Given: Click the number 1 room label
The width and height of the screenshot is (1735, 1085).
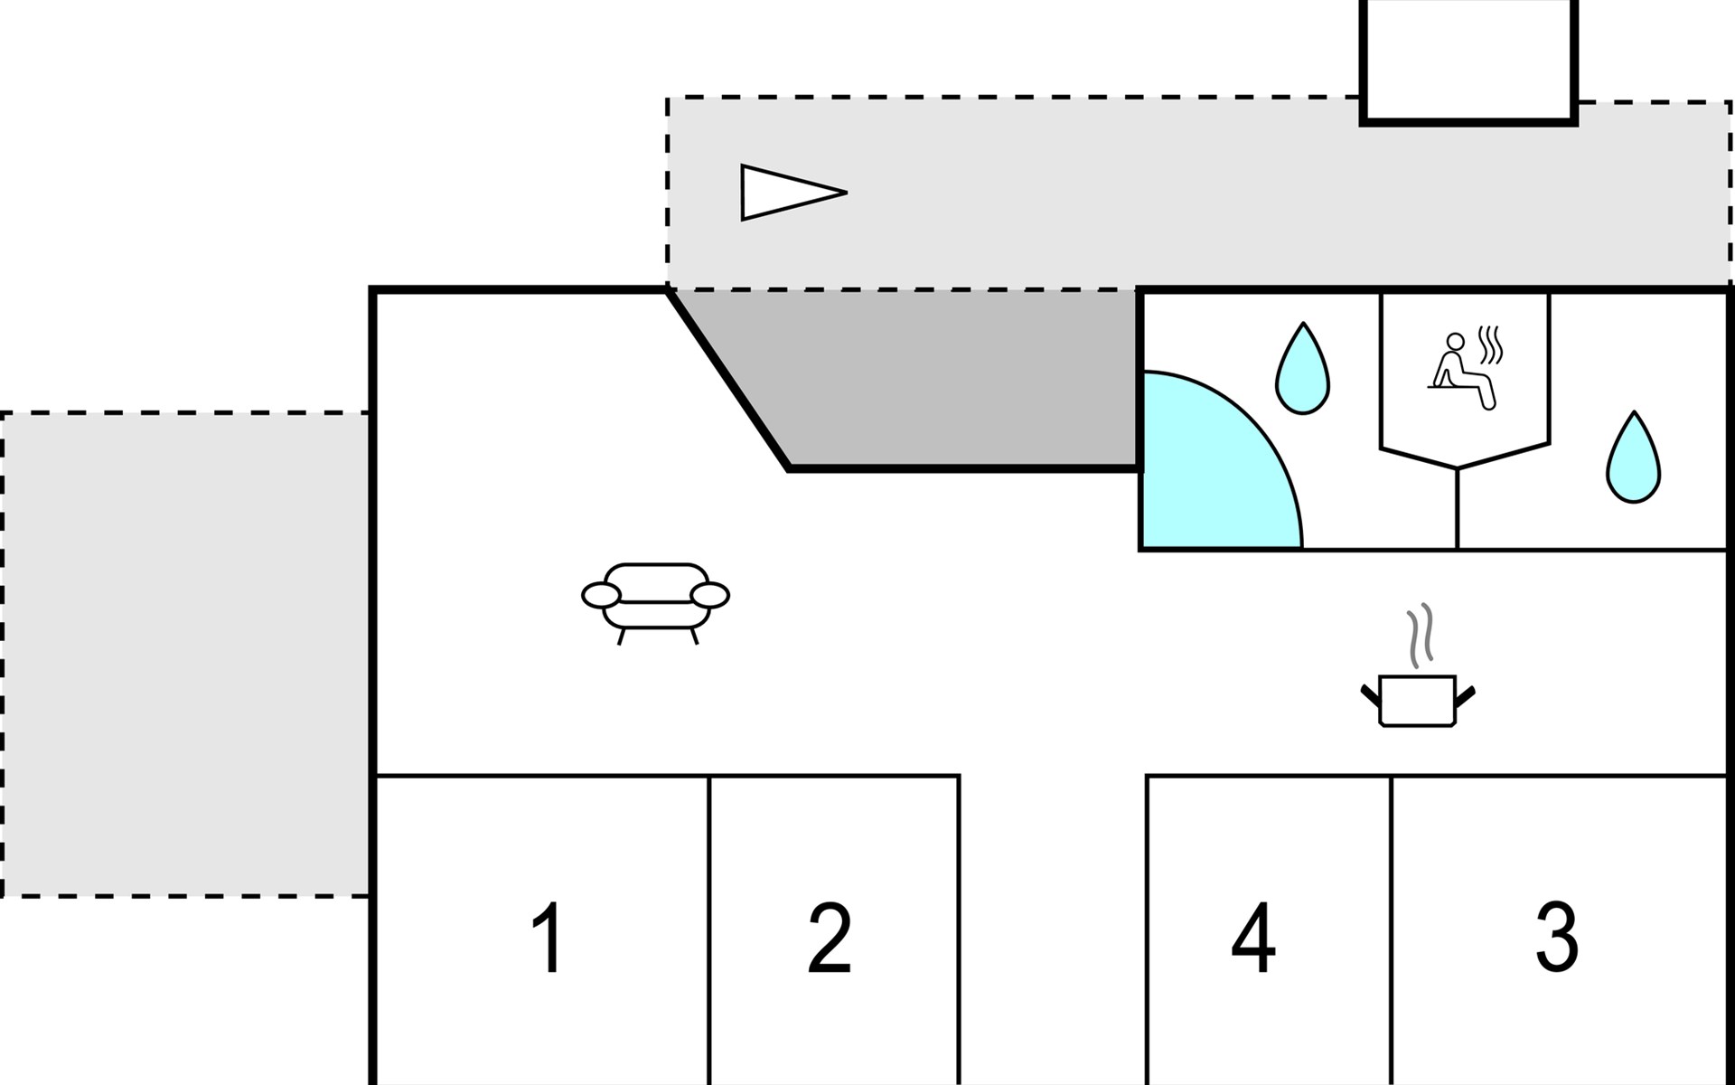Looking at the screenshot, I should pyautogui.click(x=548, y=938).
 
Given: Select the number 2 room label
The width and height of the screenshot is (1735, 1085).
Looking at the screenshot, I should pyautogui.click(x=830, y=938).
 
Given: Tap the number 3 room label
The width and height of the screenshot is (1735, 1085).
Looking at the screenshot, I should pyautogui.click(x=1557, y=938).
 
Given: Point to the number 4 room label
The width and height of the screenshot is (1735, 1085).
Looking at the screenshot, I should pyautogui.click(x=1254, y=938).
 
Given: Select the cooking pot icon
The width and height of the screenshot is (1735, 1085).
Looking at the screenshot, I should pyautogui.click(x=1418, y=701).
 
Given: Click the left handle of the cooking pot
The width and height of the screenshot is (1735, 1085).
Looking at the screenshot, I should pyautogui.click(x=1371, y=695).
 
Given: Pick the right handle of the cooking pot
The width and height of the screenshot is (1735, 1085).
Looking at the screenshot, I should pyautogui.click(x=1465, y=695).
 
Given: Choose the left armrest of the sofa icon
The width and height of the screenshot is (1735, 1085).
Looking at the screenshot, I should pyautogui.click(x=601, y=595).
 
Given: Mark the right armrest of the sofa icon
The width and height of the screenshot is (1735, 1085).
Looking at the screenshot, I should pyautogui.click(x=709, y=595).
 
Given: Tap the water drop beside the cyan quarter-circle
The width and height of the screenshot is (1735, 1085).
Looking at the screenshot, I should pyautogui.click(x=1302, y=371).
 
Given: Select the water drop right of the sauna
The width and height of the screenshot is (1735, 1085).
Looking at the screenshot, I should pyautogui.click(x=1633, y=459).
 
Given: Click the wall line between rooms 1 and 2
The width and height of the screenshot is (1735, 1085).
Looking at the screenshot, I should pyautogui.click(x=710, y=931).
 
